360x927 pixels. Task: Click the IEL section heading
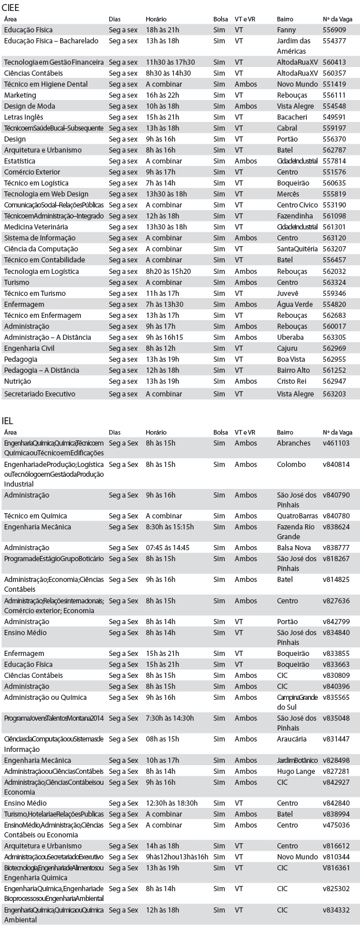click(x=8, y=420)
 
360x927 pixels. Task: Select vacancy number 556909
click(x=334, y=29)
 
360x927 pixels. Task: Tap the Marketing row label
click(x=20, y=95)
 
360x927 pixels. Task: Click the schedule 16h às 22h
click(x=162, y=95)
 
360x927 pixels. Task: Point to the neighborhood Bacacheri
click(x=292, y=117)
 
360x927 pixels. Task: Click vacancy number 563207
click(x=334, y=249)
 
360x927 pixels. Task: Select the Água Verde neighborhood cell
click(x=295, y=305)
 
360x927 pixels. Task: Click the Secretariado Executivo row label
click(x=39, y=394)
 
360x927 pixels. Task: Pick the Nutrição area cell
click(x=17, y=381)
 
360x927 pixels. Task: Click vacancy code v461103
click(x=336, y=443)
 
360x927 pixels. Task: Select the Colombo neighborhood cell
click(x=291, y=465)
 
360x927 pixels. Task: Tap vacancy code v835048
click(x=336, y=718)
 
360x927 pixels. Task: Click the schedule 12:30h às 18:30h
click(x=171, y=803)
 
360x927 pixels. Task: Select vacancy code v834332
click(x=336, y=910)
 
